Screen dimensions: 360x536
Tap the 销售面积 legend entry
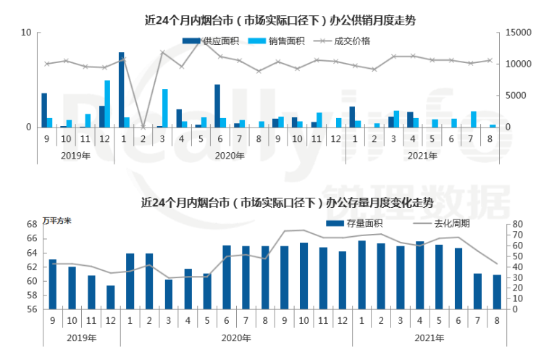pyautogui.click(x=266, y=41)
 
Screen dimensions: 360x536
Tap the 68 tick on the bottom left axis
pyautogui.click(x=32, y=225)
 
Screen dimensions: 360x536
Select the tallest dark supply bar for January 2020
pyautogui.click(x=121, y=90)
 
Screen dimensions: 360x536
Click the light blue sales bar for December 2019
pyautogui.click(x=107, y=104)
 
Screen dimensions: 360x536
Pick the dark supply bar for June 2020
pyautogui.click(x=217, y=106)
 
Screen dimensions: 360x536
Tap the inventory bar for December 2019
pyautogui.click(x=110, y=297)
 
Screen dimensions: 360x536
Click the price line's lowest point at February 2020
pyautogui.click(x=143, y=127)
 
